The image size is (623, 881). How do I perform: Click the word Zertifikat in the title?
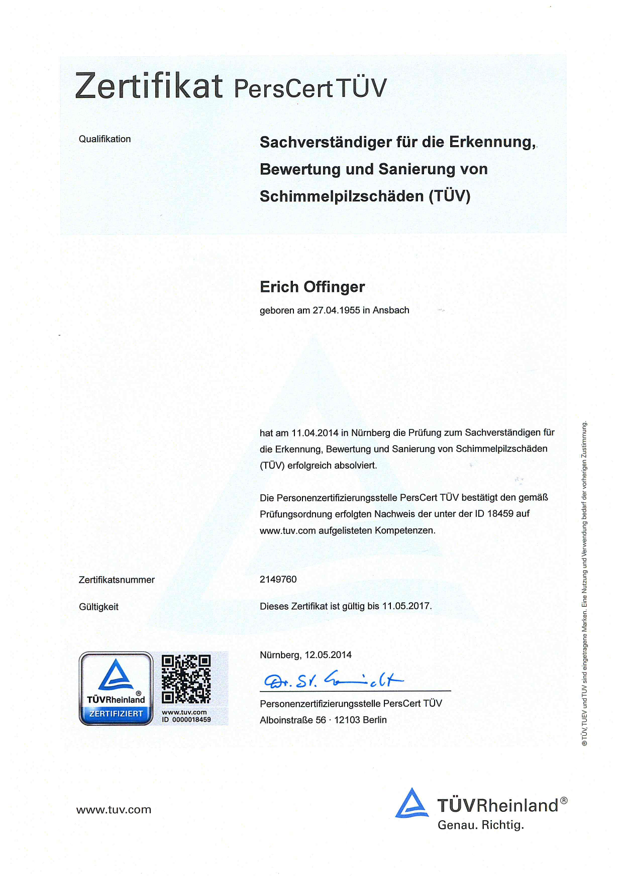[x=149, y=86]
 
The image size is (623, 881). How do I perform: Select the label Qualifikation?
[x=105, y=139]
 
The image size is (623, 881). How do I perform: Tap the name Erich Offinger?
[x=312, y=287]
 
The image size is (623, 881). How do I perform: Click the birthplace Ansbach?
[x=391, y=310]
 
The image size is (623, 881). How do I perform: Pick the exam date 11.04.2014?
[x=315, y=433]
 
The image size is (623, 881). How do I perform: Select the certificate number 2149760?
[x=278, y=579]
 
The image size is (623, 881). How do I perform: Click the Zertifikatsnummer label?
[x=117, y=580]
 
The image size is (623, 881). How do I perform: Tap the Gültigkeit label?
[x=98, y=607]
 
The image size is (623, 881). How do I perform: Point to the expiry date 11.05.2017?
[x=406, y=606]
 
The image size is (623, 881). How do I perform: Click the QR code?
[x=186, y=679]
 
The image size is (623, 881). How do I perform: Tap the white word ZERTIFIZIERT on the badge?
[x=116, y=714]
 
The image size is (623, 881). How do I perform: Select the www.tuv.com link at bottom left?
[x=114, y=810]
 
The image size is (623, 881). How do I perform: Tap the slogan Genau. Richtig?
[x=480, y=825]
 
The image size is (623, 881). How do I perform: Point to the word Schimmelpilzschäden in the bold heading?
[x=342, y=196]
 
